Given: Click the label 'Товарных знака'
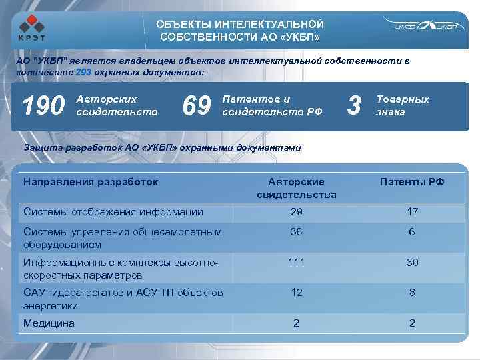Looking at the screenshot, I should pyautogui.click(x=402, y=105).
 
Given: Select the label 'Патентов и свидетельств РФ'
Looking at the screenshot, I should pyautogui.click(x=271, y=105).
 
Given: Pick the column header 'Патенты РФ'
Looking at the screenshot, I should pyautogui.click(x=412, y=181).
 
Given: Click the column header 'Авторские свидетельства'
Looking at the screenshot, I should pyautogui.click(x=296, y=188).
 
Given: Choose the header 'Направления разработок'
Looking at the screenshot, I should pyautogui.click(x=91, y=181).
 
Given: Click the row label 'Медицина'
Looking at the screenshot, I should pyautogui.click(x=49, y=323).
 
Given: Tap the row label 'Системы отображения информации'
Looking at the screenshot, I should pyautogui.click(x=113, y=212).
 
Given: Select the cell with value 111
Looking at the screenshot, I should pyautogui.click(x=296, y=262).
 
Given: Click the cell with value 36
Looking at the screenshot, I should pyautogui.click(x=296, y=231).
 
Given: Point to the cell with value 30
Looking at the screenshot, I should pyautogui.click(x=412, y=262).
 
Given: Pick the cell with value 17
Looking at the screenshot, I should pyautogui.click(x=412, y=212).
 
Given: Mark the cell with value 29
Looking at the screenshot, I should pyautogui.click(x=296, y=212).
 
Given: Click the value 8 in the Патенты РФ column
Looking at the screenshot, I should pyautogui.click(x=412, y=293).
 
